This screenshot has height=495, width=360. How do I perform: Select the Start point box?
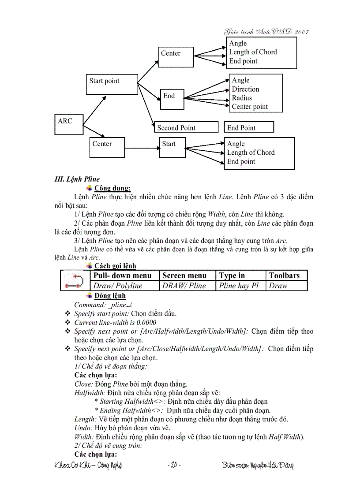(x=112, y=84)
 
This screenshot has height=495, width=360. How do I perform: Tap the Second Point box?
(x=186, y=127)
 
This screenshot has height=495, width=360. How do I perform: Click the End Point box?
(x=248, y=127)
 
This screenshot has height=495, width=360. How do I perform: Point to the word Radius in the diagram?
(x=242, y=98)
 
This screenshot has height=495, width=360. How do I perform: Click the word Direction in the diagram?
(x=245, y=89)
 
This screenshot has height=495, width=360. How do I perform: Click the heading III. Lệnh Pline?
(x=77, y=179)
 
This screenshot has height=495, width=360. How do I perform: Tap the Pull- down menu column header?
(x=123, y=275)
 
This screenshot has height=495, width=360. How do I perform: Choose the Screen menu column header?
(x=184, y=275)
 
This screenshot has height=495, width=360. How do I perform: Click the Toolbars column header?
(x=284, y=275)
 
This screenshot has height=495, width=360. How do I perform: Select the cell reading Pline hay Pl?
(x=239, y=286)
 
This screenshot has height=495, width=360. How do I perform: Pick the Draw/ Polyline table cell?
(x=118, y=286)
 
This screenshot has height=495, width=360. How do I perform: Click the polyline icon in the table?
(x=75, y=281)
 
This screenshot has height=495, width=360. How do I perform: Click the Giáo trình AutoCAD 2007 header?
(x=266, y=32)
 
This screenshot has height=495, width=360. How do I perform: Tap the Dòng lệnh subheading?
(x=110, y=295)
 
